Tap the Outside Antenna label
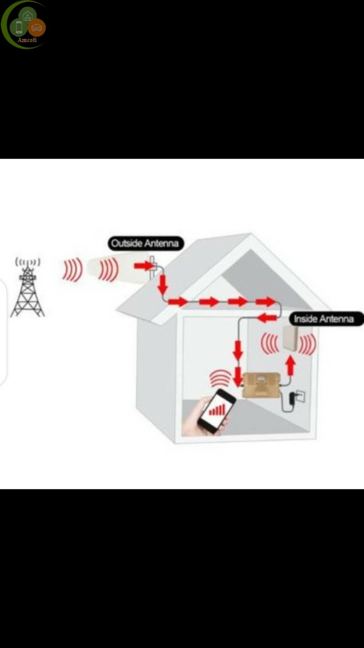coord(146,244)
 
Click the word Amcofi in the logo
coord(27,40)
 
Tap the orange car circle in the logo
coord(37,28)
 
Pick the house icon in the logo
coord(27,16)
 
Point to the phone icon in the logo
coord(19,27)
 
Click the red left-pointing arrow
coord(267,318)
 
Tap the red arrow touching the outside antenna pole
coord(143,266)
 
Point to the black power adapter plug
coord(292,398)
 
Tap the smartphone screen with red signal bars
coord(216,410)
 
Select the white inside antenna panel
coord(291,338)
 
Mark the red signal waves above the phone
coord(221,378)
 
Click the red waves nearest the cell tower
coord(73,270)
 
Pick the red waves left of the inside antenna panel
coord(270,344)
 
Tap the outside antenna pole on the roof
coord(152,269)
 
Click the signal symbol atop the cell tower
coord(28,262)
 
